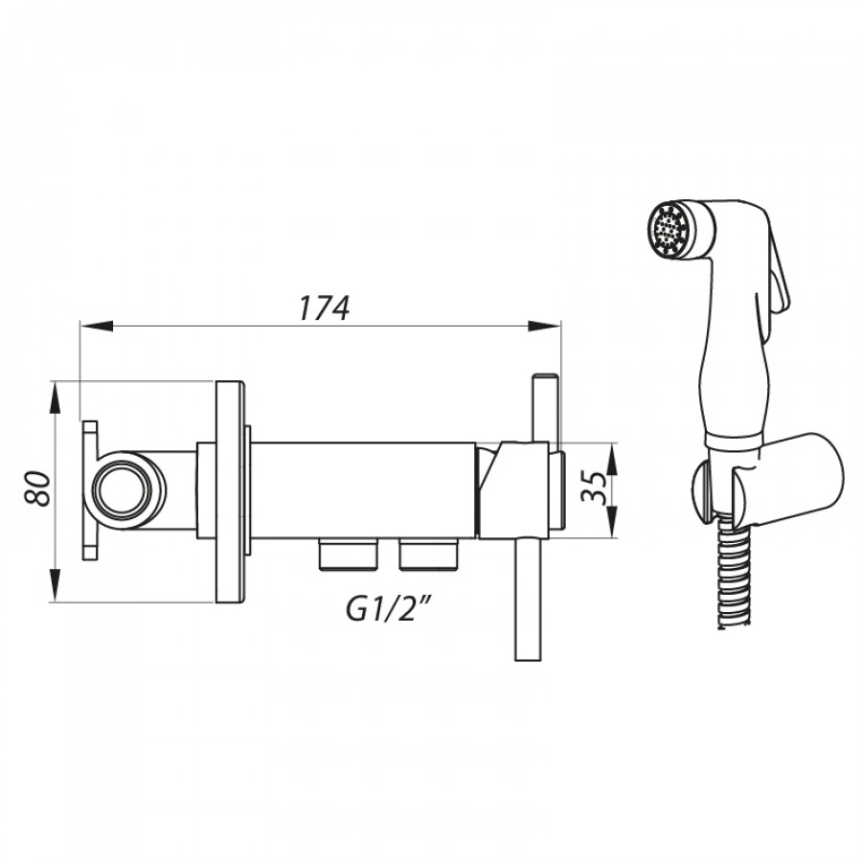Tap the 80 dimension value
(38, 488)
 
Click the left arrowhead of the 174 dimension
(97, 326)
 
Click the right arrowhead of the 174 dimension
(544, 326)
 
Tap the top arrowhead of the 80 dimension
(55, 398)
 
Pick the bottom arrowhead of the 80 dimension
(55, 585)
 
